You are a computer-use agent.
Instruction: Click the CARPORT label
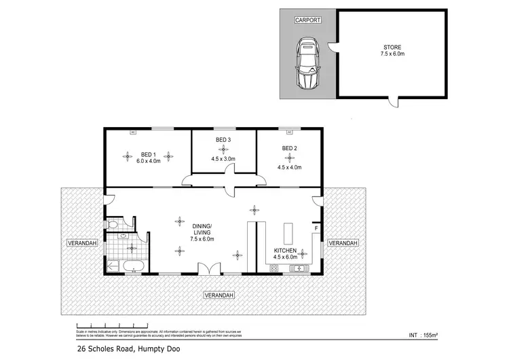(x=307, y=21)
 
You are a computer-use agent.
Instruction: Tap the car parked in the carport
(x=307, y=65)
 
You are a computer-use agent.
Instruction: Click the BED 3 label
(x=223, y=140)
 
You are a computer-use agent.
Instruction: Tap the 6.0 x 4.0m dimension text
(x=148, y=162)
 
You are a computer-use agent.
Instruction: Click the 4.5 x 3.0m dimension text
(x=223, y=159)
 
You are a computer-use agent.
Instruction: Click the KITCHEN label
(x=285, y=250)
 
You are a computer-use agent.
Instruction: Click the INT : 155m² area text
(x=424, y=335)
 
